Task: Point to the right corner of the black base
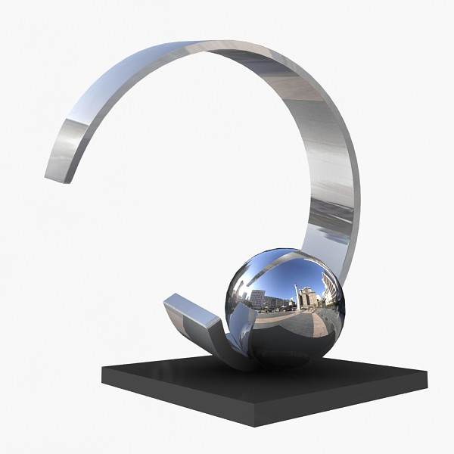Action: (427, 372)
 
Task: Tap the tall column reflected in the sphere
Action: (297, 297)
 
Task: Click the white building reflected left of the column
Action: (257, 299)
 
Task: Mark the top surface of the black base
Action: (303, 382)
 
